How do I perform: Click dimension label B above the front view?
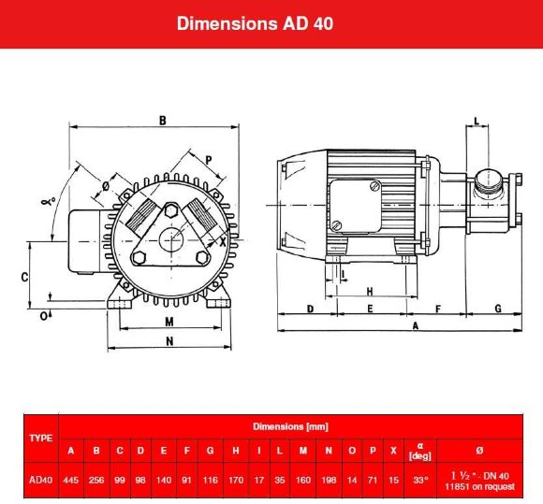coord(162,120)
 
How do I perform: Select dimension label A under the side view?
coord(415,325)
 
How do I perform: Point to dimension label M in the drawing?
coord(169,322)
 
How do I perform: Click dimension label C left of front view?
coord(25,277)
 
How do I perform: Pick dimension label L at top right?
coord(477,122)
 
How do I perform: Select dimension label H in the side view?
coord(369,291)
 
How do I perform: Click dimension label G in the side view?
coord(497,308)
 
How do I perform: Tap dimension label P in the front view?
coord(208,159)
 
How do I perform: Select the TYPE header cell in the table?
coord(41,438)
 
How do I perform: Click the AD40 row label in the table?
coord(41,479)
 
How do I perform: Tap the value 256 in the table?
coord(96,479)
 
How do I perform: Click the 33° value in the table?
coord(420,479)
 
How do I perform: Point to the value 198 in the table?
coord(329,479)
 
